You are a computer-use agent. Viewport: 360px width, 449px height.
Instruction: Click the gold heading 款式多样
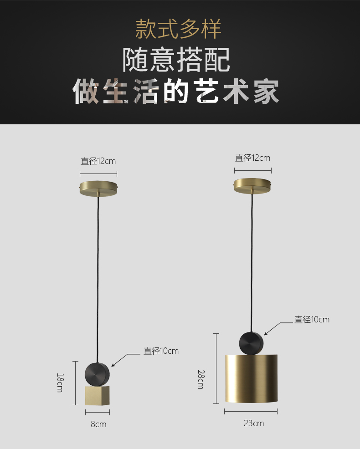tap(178, 29)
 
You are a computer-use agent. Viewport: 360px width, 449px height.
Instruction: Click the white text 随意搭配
tap(176, 59)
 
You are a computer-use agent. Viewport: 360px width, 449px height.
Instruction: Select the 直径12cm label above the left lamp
tap(98, 161)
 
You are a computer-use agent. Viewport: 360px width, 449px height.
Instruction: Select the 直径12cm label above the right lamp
tap(252, 158)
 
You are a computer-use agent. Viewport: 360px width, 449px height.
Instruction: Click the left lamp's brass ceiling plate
tap(99, 188)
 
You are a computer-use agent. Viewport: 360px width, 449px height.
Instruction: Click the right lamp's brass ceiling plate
tap(253, 185)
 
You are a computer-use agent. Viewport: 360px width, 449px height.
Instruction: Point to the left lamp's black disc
tap(98, 373)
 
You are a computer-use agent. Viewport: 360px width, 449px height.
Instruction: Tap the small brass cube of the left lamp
tap(97, 396)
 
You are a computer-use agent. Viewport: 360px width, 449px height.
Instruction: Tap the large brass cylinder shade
tap(251, 378)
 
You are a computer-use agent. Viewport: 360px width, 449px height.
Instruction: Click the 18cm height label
tap(60, 383)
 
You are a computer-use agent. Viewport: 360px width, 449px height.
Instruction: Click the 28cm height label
tap(201, 379)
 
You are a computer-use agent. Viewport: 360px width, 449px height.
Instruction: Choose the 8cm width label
tap(98, 424)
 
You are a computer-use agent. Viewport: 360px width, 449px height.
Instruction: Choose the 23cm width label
tap(254, 423)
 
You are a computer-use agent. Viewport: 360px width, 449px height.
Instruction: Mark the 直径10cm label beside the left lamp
tap(161, 351)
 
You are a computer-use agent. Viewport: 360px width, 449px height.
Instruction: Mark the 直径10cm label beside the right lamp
tap(312, 320)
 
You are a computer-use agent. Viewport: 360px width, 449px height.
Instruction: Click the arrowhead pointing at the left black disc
tap(113, 365)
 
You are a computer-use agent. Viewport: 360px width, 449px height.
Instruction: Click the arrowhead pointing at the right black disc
tap(266, 334)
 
